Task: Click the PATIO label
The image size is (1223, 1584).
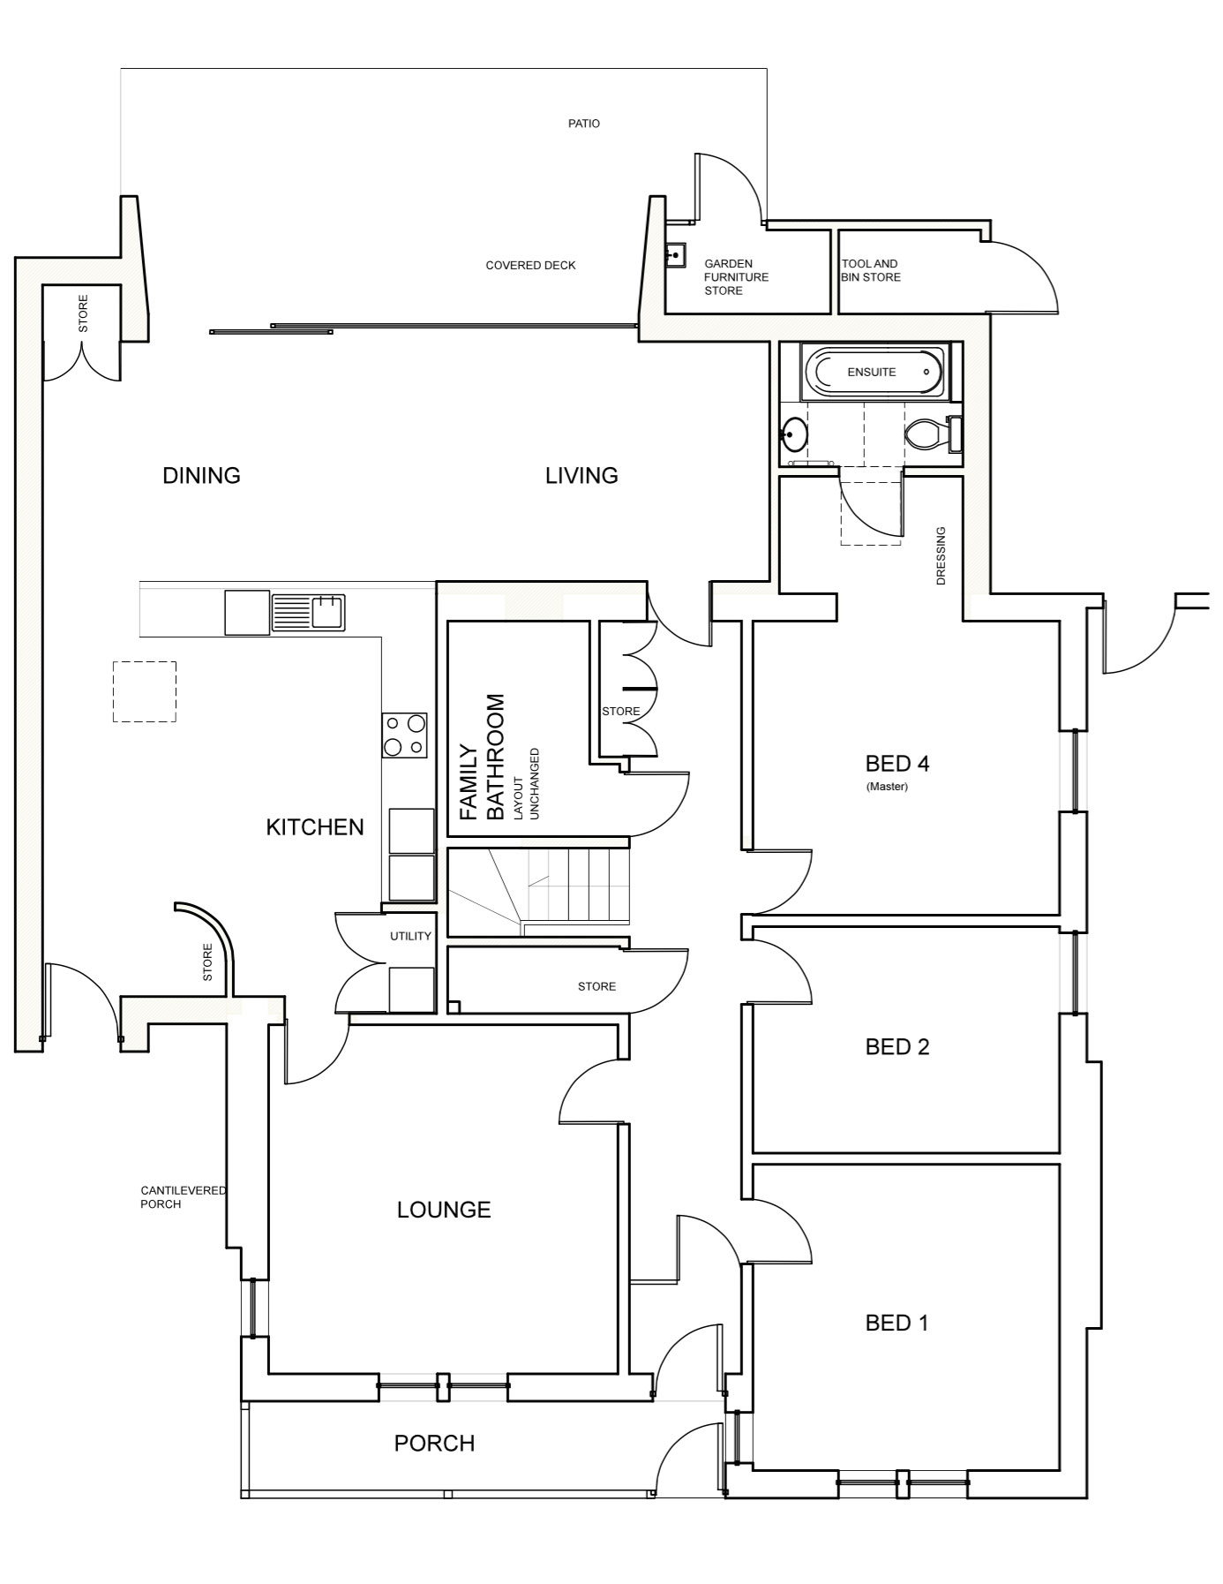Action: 583,124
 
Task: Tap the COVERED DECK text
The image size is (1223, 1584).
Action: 530,265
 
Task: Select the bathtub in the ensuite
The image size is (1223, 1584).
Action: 872,372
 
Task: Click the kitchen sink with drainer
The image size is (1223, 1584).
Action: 308,612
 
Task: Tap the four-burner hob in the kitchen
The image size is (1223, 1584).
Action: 404,735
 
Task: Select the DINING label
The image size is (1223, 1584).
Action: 201,476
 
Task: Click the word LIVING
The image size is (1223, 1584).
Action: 581,476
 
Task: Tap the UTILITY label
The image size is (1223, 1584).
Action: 410,936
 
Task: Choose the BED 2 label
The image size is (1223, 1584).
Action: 897,1047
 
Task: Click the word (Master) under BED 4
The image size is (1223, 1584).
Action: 887,787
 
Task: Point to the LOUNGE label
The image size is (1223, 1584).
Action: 444,1210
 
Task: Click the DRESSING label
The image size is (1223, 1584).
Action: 941,556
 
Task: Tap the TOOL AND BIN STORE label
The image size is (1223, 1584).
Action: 871,270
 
